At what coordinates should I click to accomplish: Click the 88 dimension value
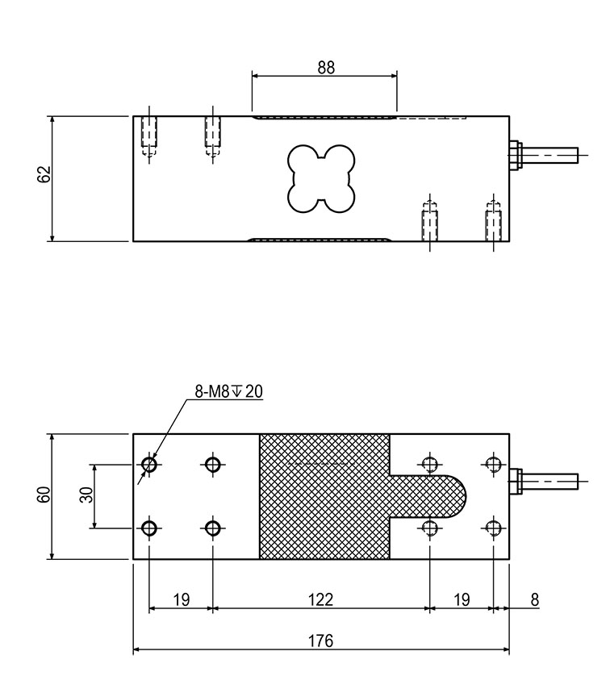click(x=326, y=68)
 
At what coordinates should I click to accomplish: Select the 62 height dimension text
click(x=44, y=174)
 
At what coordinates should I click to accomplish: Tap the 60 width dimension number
click(x=44, y=495)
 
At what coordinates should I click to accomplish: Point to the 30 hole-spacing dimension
click(x=86, y=495)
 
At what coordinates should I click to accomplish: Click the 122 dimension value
click(x=320, y=599)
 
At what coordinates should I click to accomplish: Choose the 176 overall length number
click(x=320, y=641)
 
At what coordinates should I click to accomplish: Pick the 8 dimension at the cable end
click(x=535, y=599)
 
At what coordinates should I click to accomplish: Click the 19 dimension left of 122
click(x=182, y=599)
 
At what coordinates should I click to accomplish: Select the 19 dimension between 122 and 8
click(x=462, y=599)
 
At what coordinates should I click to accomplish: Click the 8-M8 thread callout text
click(x=213, y=391)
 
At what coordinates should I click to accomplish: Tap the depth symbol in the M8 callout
click(x=237, y=391)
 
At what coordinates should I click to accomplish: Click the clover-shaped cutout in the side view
click(x=321, y=178)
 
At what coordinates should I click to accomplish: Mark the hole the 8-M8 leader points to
click(x=149, y=464)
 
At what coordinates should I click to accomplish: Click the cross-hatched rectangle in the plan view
click(x=324, y=496)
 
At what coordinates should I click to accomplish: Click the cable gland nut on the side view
click(x=515, y=155)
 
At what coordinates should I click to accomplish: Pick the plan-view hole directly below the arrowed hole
click(x=149, y=528)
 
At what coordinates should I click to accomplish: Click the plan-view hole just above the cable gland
click(x=493, y=463)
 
